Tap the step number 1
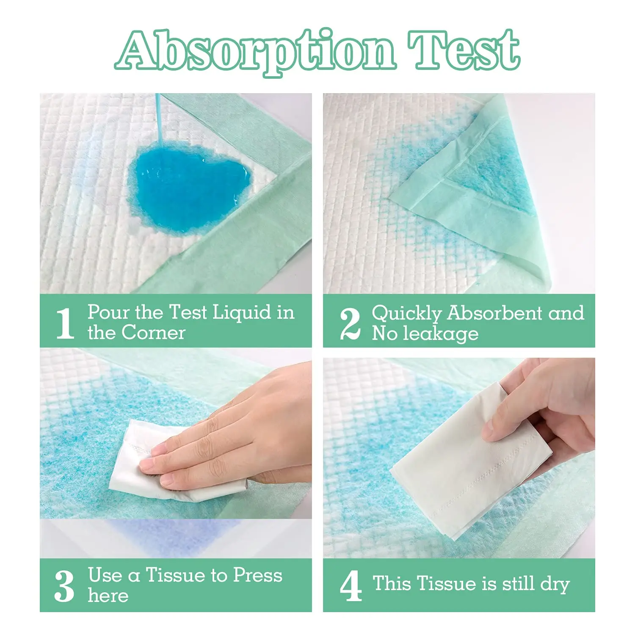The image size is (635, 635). tap(65, 323)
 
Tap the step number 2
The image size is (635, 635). tap(350, 324)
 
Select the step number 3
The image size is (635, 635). tap(64, 586)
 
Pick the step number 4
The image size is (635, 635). tap(351, 586)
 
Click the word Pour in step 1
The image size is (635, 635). tap(108, 312)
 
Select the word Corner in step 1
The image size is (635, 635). tap(153, 333)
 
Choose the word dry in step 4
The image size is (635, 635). tap(555, 584)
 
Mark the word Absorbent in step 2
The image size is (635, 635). tap(495, 313)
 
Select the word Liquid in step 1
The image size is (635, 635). tap(241, 312)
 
